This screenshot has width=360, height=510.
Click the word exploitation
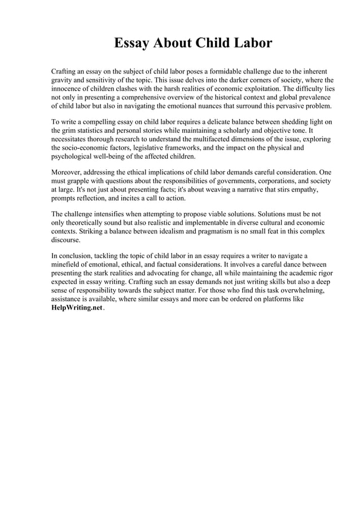point(259,89)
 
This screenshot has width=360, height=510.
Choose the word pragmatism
point(197,231)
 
